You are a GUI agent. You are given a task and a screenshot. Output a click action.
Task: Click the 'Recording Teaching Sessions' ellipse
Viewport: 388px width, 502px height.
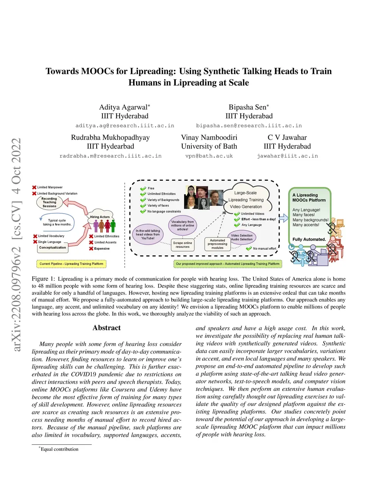coord(49,202)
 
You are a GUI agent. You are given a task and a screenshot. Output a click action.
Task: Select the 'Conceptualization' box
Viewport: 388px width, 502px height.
coord(53,248)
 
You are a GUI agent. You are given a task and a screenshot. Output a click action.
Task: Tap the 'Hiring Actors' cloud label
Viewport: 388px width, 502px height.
coord(100,217)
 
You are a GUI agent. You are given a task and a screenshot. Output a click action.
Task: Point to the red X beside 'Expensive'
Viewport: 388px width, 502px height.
coord(91,249)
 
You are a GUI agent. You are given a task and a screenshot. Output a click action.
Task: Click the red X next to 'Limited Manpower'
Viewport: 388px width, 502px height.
coord(34,187)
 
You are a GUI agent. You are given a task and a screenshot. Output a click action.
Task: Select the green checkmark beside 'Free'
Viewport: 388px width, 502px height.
coord(143,188)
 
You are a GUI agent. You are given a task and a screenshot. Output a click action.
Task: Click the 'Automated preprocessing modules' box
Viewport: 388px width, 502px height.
coord(217,244)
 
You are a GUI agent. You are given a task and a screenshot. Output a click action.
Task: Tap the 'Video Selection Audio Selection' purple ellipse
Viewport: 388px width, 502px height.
coord(242,238)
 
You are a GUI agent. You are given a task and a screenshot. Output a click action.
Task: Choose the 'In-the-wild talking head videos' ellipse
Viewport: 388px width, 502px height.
coord(148,234)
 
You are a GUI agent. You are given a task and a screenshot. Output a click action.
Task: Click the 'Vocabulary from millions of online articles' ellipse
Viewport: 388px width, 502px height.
coord(183,225)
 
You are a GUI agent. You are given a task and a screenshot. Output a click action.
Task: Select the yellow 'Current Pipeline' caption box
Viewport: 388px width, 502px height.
coord(71,264)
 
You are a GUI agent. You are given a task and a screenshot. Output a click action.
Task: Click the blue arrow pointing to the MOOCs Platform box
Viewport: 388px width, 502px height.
coord(283,217)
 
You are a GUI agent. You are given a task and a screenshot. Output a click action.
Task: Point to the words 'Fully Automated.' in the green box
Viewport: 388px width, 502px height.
coord(309,239)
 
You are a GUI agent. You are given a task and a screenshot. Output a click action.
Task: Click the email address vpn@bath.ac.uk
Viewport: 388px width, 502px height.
coord(209,156)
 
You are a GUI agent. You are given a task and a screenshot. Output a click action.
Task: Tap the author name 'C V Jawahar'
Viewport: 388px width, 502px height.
coord(287,138)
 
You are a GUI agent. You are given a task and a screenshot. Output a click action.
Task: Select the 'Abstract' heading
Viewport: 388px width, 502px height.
coord(106,328)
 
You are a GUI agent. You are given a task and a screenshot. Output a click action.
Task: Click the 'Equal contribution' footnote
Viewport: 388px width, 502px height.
coord(59,449)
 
